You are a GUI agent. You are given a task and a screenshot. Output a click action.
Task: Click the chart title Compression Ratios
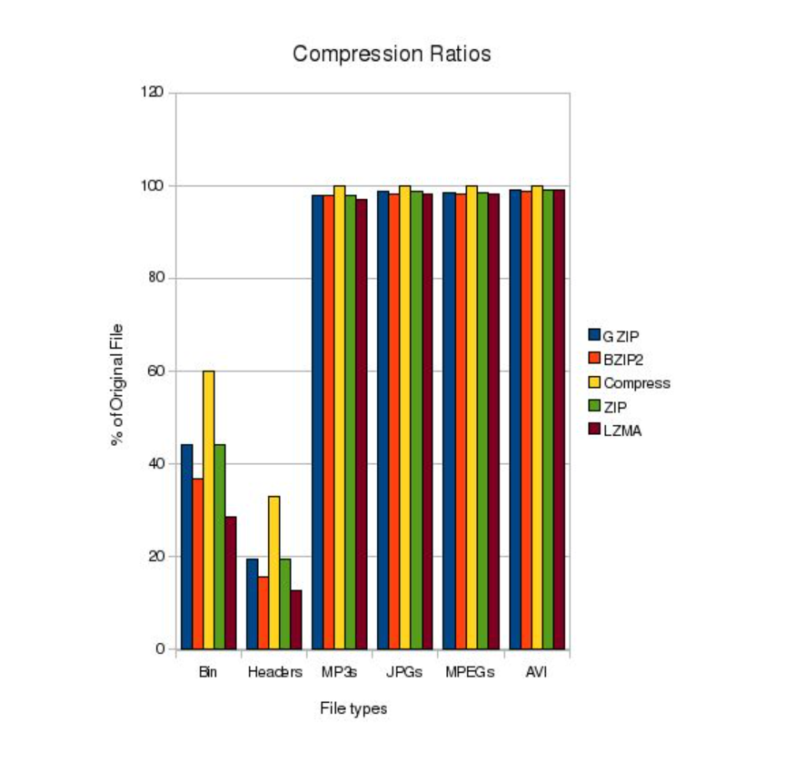tap(392, 54)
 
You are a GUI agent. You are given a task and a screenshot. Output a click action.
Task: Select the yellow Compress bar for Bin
tap(208, 510)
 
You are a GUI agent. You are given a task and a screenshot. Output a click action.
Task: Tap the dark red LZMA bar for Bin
tap(231, 582)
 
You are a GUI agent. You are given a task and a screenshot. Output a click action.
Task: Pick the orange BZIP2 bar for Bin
tap(197, 563)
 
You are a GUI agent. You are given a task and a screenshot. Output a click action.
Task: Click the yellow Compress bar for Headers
tap(273, 572)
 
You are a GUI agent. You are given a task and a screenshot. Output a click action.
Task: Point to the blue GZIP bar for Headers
tap(252, 603)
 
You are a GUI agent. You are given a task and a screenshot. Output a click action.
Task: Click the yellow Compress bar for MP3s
tap(339, 417)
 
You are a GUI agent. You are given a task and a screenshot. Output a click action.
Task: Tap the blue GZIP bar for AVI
tap(514, 419)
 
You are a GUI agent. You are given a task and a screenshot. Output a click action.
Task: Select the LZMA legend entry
tap(621, 430)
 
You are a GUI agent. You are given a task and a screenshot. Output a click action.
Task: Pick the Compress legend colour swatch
tap(594, 382)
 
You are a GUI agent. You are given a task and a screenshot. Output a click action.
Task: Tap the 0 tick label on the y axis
tap(160, 649)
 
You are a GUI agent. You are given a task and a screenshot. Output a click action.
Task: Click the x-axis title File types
tap(353, 708)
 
